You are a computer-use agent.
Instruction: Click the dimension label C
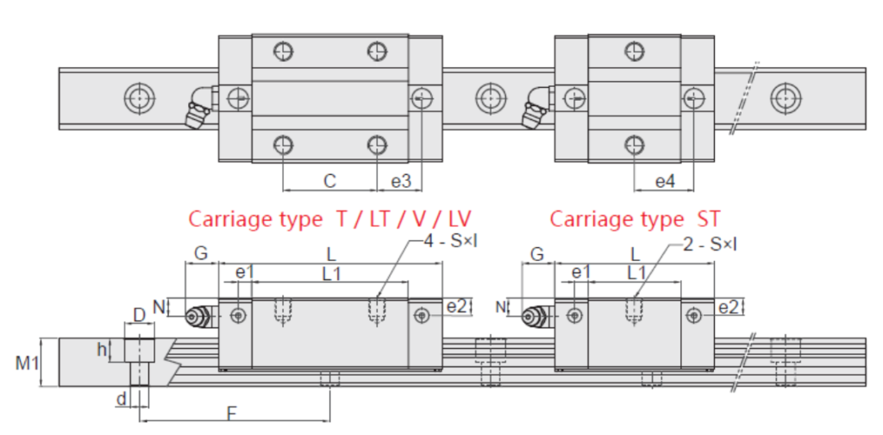click(x=329, y=181)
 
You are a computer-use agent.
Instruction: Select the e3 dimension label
click(x=402, y=181)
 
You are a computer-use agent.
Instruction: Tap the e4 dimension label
click(x=665, y=182)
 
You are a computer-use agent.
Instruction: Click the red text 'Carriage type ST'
click(x=635, y=219)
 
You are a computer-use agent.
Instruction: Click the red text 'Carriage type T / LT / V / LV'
click(x=330, y=219)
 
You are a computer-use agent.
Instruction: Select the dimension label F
click(x=232, y=413)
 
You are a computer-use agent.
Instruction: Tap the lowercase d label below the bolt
click(x=122, y=398)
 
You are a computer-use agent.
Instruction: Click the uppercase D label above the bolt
click(x=139, y=316)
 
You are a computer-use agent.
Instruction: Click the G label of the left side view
click(x=200, y=255)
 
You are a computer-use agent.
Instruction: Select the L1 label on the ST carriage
click(x=637, y=273)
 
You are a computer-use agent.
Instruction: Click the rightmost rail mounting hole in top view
click(x=785, y=97)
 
